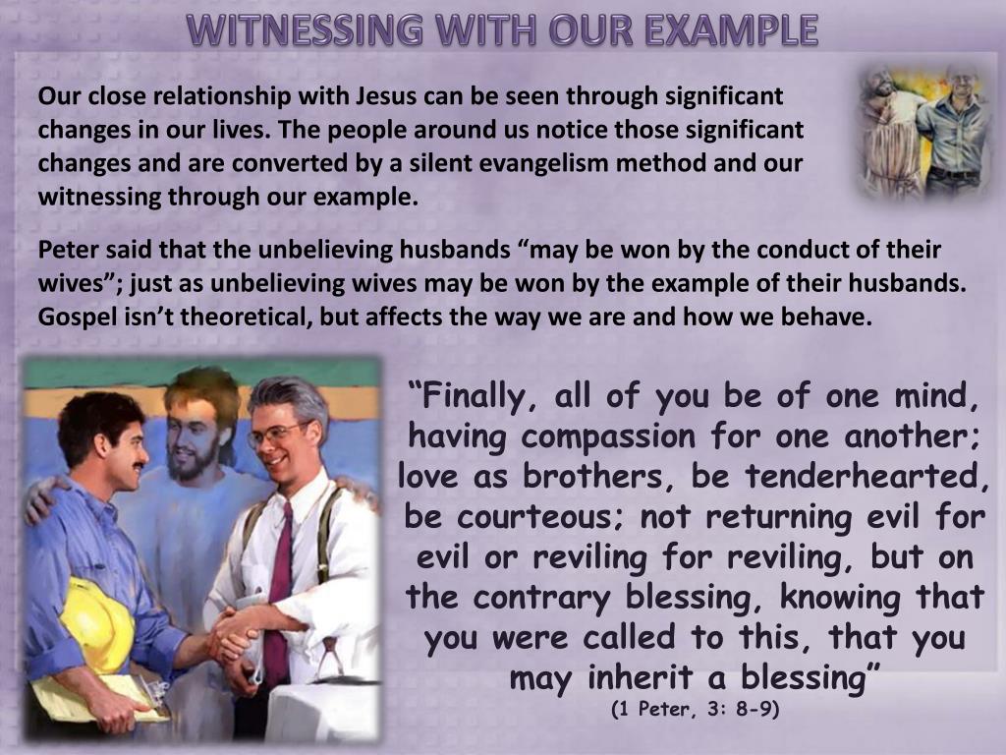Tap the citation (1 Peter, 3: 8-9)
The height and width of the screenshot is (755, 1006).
point(695,710)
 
